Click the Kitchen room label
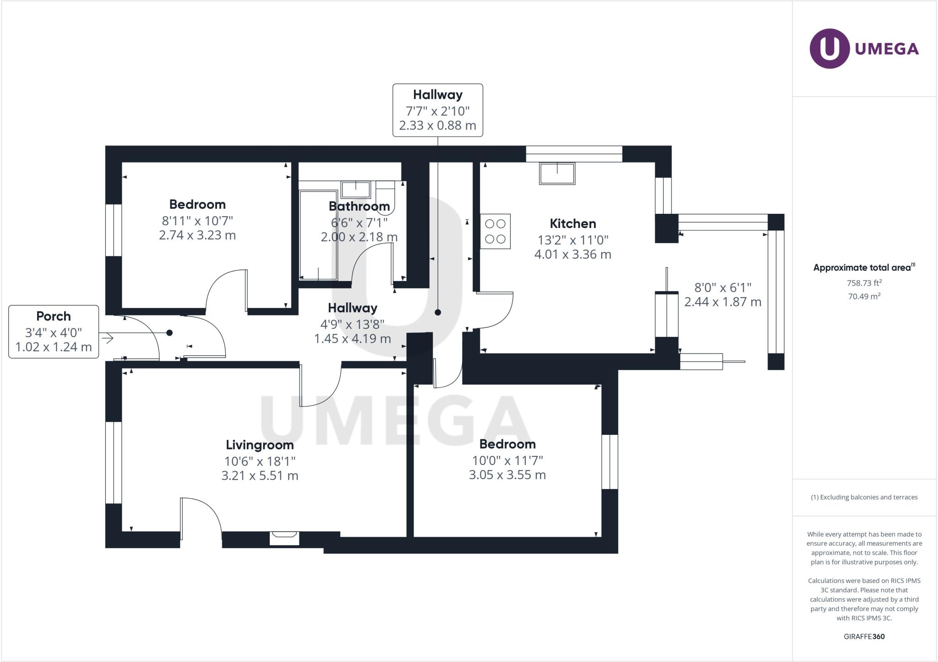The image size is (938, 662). [573, 223]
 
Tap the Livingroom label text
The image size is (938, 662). [260, 445]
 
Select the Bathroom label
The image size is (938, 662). [359, 206]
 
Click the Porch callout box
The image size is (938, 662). [54, 331]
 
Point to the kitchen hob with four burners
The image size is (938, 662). [495, 232]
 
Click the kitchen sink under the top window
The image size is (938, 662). [557, 174]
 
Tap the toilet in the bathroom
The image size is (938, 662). [385, 195]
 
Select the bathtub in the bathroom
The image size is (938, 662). [318, 235]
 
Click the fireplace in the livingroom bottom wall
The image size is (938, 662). [284, 537]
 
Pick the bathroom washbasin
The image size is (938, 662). [356, 189]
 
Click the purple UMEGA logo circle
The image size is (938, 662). [829, 49]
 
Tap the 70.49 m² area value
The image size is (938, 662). [864, 296]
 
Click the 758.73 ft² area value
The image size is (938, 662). [864, 283]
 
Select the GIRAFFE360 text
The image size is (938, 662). [864, 636]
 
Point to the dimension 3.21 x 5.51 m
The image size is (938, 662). [260, 476]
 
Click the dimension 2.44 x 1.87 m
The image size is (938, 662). [723, 302]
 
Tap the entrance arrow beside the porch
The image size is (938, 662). [108, 339]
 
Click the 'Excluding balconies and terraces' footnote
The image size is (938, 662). [864, 497]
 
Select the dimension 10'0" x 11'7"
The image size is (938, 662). [507, 460]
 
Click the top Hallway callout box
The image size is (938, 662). [437, 110]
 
